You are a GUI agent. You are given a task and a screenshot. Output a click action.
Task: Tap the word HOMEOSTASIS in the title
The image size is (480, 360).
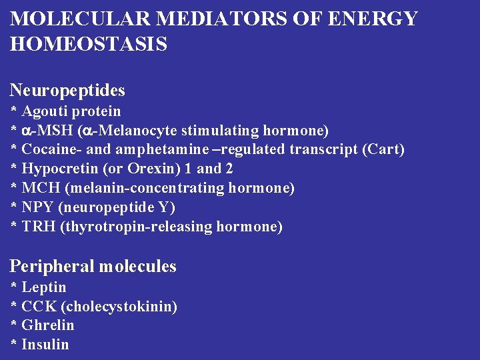89,45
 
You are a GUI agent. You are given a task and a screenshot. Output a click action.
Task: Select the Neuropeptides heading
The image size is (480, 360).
67,90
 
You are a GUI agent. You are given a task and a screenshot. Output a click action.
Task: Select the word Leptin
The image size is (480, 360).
44,287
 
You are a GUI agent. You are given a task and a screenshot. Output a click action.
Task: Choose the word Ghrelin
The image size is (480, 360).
48,325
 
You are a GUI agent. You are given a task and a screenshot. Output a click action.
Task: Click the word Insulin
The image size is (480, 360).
45,345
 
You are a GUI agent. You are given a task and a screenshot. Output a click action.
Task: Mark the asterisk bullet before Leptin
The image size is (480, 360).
14,287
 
